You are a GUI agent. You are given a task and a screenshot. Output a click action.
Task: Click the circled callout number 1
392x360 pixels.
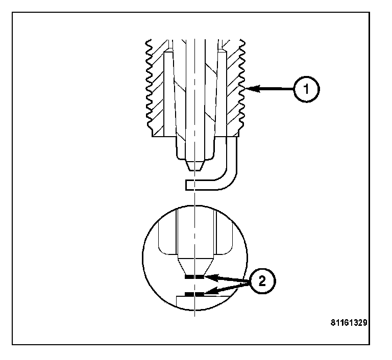click(306, 89)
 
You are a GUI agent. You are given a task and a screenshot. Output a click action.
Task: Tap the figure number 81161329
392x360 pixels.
click(350, 323)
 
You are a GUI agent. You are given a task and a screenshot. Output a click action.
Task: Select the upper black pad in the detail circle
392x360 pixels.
click(194, 277)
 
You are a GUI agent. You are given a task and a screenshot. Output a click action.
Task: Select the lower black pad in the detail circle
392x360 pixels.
click(194, 294)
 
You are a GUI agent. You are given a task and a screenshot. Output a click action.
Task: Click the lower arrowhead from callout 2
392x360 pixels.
click(208, 293)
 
